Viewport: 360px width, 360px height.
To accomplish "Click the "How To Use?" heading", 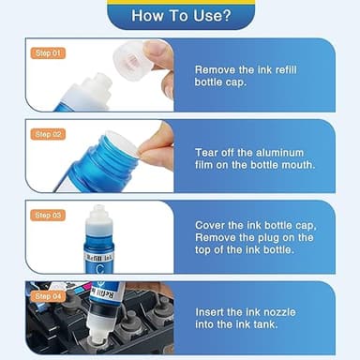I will point(181,15).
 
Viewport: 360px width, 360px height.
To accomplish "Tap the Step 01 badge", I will point(47,53).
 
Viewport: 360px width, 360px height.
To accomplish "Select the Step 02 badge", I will point(47,134).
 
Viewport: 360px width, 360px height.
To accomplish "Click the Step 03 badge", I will point(47,216).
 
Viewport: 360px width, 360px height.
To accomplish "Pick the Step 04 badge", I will point(47,296).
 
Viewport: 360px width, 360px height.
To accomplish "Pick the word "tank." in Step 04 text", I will point(292,324).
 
